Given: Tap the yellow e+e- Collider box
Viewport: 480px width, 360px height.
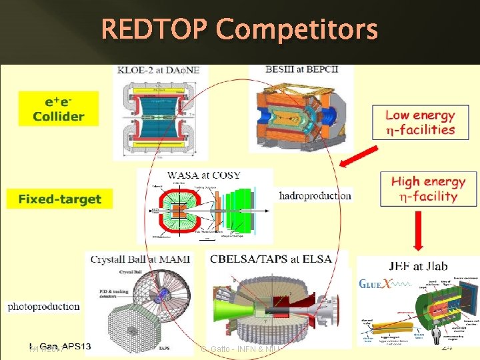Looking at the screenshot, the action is coord(59,109).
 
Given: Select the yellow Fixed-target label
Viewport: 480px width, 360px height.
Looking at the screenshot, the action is coord(60,199).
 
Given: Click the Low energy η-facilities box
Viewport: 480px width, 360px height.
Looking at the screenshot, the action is coord(420,123).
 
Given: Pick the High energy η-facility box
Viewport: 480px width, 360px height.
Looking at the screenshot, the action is coord(429,189).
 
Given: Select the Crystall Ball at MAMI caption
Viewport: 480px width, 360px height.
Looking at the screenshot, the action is coord(140,259).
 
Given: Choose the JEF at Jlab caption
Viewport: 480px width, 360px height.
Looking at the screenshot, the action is coord(417,266).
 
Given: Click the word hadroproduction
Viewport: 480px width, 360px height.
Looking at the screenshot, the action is coord(315,195).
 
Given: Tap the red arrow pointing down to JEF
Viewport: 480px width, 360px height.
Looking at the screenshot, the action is coord(418,230).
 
